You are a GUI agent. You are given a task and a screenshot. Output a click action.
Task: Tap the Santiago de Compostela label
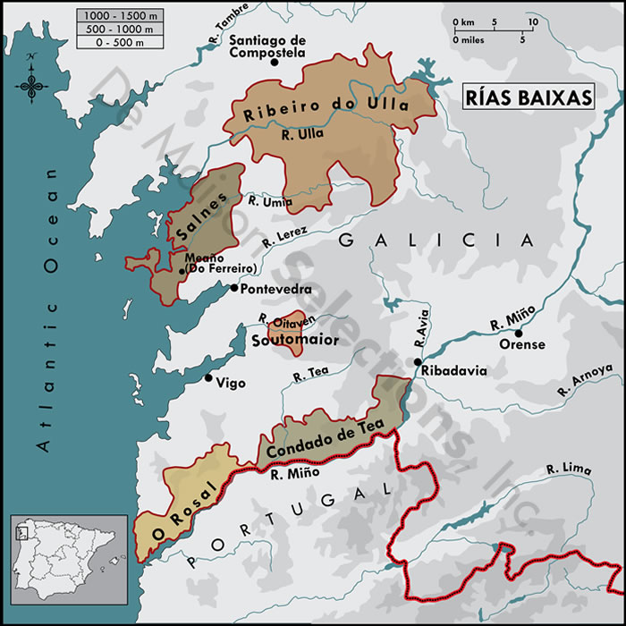267,47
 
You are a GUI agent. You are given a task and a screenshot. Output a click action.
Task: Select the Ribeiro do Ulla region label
326,110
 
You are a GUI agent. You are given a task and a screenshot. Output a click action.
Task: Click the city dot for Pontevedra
234,288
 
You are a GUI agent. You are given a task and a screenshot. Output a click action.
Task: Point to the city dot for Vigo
208,378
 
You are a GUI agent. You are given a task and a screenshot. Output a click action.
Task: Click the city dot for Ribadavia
418,361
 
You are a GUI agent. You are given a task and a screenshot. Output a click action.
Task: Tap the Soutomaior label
289,341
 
